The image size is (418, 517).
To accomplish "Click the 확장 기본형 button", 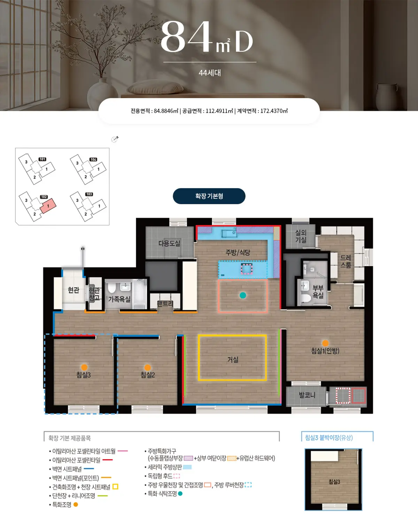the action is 209,196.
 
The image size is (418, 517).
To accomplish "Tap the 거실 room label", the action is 233,360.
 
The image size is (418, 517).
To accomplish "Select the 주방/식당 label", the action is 238,253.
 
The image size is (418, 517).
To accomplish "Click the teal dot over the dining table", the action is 243,295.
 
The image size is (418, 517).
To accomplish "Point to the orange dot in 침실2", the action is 147,368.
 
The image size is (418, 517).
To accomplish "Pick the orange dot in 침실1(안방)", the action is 325,343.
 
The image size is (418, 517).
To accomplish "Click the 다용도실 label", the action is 169,243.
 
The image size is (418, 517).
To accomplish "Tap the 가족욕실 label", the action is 119,299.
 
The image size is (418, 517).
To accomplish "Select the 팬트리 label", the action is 165,303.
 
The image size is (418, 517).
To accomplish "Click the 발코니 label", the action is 307,395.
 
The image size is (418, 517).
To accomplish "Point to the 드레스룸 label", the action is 346,261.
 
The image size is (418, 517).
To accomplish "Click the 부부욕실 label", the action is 318,292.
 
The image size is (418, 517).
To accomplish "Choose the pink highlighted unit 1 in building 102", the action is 48,206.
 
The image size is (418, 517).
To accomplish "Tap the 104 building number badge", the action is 93,160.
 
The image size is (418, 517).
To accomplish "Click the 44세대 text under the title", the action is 210,73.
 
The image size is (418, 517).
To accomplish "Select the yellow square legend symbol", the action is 115,487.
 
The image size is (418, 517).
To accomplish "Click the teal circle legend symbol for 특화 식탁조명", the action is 180,493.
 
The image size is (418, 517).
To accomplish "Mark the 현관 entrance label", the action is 73,290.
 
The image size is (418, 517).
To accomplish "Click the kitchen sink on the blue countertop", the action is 229,234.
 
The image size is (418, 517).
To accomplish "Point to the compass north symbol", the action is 115,139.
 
